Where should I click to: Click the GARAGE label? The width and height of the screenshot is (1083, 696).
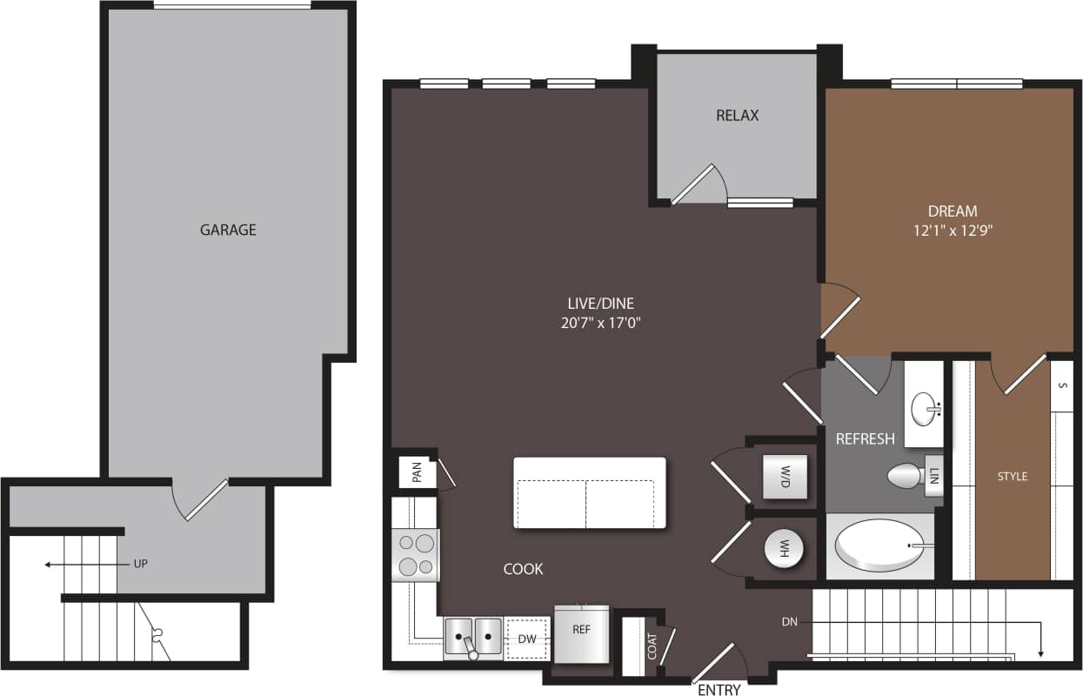228,230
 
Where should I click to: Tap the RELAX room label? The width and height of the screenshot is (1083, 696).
737,115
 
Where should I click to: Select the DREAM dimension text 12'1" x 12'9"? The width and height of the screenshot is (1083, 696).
953,231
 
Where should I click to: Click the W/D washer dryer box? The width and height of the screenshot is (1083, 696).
785,476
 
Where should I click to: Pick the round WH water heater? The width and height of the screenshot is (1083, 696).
785,549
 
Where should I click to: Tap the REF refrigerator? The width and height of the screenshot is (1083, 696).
582,632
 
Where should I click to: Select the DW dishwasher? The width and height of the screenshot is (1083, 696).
527,638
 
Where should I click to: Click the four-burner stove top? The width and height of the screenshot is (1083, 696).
416,555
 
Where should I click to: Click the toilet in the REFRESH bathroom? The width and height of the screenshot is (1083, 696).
908,476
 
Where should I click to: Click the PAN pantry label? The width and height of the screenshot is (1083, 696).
417,472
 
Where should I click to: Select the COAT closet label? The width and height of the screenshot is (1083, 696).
652,645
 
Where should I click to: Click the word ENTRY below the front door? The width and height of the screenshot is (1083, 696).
719,690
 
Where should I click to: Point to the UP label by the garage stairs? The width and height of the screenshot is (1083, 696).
141,564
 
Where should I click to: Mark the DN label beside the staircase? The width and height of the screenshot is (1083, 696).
790,621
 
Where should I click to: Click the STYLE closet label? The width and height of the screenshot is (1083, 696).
1012,476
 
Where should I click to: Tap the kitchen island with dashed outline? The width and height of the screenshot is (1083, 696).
589,492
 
